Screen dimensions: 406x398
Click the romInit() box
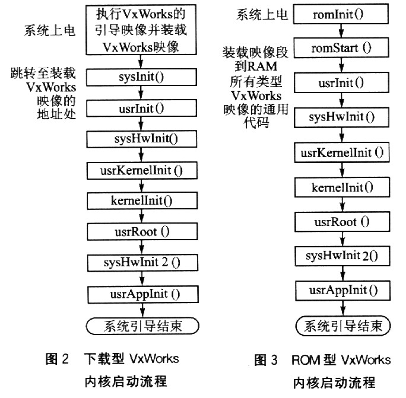click(x=341, y=14)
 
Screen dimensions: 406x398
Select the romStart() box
click(x=341, y=47)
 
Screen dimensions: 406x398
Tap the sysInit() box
click(x=141, y=77)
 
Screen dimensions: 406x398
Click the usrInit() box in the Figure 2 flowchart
click(x=141, y=108)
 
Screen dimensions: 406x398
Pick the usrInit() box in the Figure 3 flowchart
click(x=341, y=82)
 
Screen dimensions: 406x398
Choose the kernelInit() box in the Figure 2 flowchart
click(x=142, y=200)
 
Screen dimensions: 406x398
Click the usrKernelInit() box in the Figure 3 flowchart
click(x=342, y=152)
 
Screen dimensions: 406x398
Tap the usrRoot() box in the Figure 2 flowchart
click(x=142, y=231)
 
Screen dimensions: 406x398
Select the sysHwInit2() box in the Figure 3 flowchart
click(x=342, y=256)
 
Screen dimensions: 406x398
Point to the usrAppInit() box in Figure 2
click(x=143, y=294)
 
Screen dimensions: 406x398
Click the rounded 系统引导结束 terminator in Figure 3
click(x=343, y=326)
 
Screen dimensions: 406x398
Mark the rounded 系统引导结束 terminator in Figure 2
click(x=142, y=326)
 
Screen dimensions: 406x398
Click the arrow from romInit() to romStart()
click(x=341, y=31)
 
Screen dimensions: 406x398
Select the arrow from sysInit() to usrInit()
click(x=141, y=93)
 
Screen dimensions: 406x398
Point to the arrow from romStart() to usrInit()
click(x=341, y=65)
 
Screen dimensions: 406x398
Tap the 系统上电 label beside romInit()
click(x=262, y=14)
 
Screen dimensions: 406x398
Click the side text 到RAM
click(x=256, y=66)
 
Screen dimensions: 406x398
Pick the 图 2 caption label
click(x=57, y=359)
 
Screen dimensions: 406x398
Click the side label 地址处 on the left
click(x=56, y=114)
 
